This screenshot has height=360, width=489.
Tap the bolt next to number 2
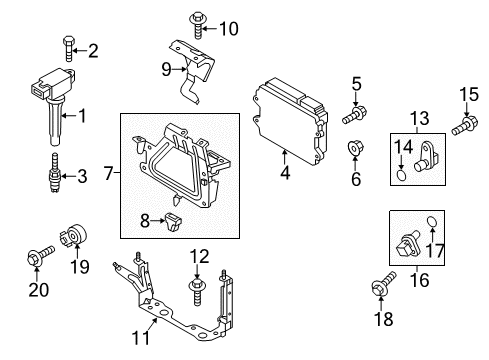(69, 49)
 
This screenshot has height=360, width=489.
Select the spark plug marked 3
(54, 173)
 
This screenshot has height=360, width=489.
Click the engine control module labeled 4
(289, 121)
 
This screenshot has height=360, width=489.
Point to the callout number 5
(356, 84)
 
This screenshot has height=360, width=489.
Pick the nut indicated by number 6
(355, 148)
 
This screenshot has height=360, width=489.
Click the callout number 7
(109, 173)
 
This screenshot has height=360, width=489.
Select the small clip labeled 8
(173, 222)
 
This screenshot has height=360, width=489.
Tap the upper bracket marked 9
(193, 69)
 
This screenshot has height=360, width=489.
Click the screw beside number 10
(198, 25)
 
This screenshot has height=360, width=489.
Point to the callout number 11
(141, 338)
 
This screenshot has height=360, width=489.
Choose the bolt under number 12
(197, 292)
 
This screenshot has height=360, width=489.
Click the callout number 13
(419, 118)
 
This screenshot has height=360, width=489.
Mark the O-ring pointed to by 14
(401, 175)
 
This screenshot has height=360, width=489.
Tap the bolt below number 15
(465, 125)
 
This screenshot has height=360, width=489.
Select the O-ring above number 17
(432, 221)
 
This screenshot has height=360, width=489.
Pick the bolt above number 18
(383, 283)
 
